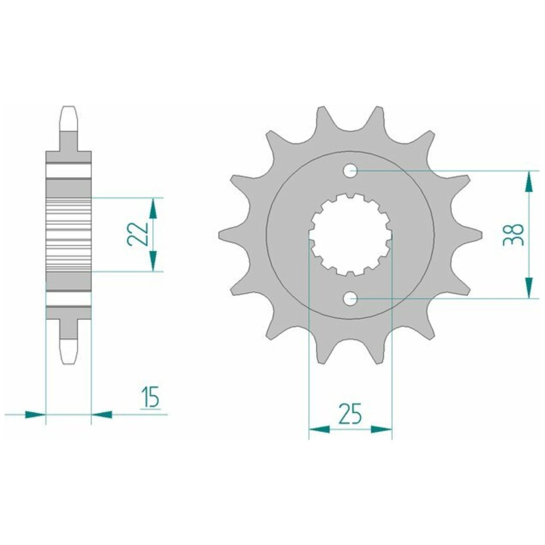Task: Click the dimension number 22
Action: (x=138, y=234)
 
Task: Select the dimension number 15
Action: (x=150, y=396)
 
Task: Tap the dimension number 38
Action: (x=513, y=235)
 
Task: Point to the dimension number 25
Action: (x=350, y=414)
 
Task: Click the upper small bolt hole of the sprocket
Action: (x=350, y=171)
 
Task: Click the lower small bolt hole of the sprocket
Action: (x=350, y=298)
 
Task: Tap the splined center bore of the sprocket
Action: (x=350, y=235)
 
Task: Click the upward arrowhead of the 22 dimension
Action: (x=152, y=208)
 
